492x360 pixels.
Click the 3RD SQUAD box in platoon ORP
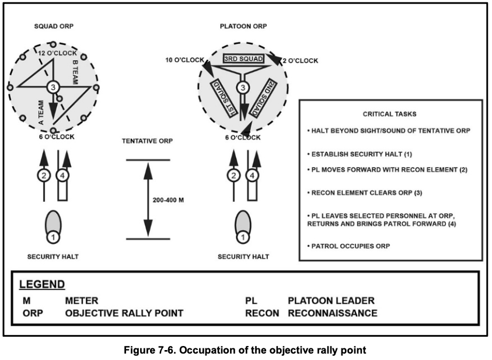[x=243, y=59]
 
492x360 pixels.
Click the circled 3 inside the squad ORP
[x=53, y=87]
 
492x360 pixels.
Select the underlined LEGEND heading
[x=42, y=285]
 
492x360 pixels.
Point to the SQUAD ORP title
[x=54, y=26]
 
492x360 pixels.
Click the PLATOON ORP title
[x=243, y=26]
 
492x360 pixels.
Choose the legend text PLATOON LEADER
[x=331, y=300]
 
